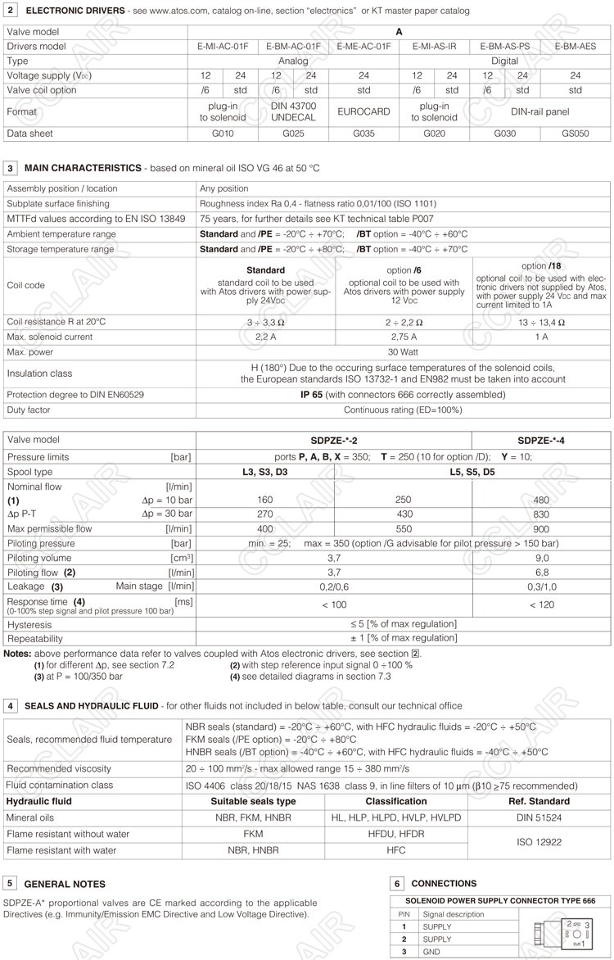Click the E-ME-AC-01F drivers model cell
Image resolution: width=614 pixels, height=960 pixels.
click(364, 47)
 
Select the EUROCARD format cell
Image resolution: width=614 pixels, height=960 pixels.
click(364, 111)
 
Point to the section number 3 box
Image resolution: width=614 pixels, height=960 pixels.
click(10, 167)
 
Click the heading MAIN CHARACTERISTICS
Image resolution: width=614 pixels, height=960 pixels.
click(83, 167)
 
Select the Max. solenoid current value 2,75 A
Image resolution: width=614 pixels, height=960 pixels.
click(404, 337)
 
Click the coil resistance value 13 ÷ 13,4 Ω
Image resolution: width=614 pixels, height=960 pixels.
click(541, 322)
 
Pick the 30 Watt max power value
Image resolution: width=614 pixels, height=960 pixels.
click(404, 352)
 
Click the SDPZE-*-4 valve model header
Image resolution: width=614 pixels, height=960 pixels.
click(541, 440)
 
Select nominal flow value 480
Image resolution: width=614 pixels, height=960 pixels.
click(541, 500)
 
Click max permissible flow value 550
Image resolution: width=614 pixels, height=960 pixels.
click(404, 529)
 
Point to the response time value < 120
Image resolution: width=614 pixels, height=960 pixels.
click(541, 605)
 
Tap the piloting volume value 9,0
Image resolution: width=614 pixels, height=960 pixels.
click(541, 558)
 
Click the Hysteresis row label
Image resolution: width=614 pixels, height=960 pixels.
click(29, 624)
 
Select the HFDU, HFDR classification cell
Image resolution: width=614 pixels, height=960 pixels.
click(395, 834)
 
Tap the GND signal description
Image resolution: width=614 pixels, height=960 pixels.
click(431, 952)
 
